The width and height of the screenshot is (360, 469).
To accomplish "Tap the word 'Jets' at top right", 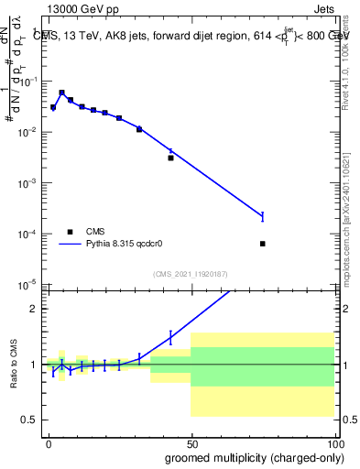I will coord(323,11).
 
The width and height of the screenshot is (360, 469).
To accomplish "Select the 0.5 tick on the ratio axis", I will coord(35,420).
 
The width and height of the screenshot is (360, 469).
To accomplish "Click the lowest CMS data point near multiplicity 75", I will coord(263,244).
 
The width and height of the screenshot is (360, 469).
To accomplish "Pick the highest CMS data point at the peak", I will coord(61,93).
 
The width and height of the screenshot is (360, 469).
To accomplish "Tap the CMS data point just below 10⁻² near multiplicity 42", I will coord(170,158).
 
